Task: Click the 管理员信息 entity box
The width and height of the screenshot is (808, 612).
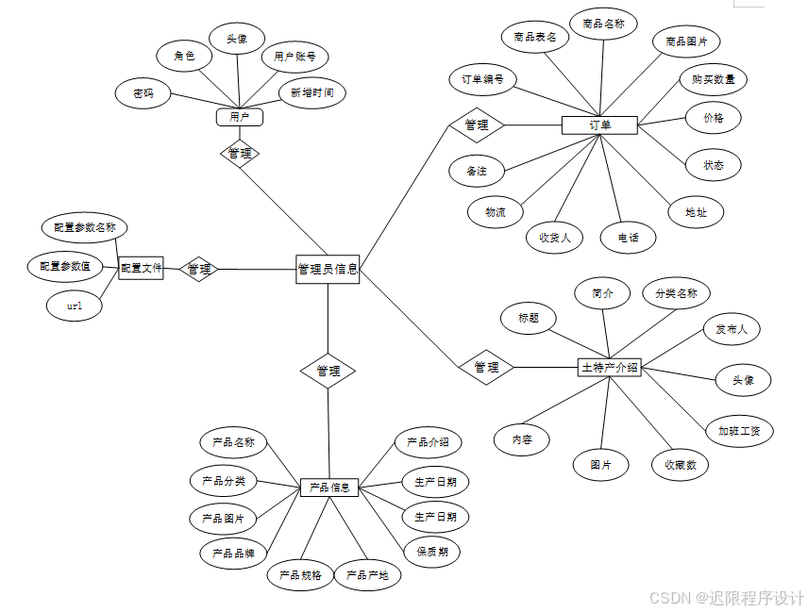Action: (328, 269)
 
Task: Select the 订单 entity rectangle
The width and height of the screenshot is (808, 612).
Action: (599, 124)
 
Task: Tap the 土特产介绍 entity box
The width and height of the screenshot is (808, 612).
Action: (609, 367)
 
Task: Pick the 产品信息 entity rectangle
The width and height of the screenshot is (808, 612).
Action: (329, 488)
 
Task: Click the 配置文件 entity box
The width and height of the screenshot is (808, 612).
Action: (142, 269)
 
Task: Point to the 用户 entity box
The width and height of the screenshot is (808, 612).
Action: (239, 117)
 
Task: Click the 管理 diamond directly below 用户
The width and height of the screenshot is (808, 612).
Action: (240, 153)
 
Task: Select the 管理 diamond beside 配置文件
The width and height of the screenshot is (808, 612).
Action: (199, 270)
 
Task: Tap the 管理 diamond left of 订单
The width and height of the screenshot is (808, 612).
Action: (476, 124)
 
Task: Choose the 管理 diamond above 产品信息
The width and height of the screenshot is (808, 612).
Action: (328, 371)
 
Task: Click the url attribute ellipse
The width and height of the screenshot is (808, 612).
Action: (75, 306)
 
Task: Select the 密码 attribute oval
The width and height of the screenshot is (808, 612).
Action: (143, 94)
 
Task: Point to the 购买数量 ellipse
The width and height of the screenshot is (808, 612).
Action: (714, 79)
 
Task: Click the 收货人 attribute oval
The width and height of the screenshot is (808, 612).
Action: (555, 237)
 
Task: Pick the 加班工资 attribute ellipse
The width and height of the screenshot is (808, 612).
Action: (740, 431)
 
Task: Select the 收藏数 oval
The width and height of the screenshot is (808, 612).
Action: (680, 464)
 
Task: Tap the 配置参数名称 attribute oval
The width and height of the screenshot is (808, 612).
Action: (85, 227)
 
